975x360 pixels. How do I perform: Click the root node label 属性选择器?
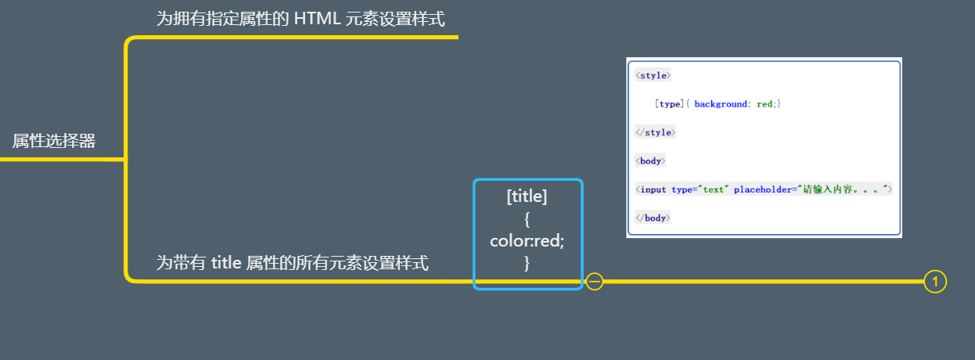click(54, 141)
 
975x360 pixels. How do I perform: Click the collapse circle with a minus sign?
click(595, 281)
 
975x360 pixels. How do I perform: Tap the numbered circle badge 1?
click(935, 281)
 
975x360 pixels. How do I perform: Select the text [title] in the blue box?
click(527, 196)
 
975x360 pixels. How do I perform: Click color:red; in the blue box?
click(527, 241)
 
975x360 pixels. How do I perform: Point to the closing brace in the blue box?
click(527, 264)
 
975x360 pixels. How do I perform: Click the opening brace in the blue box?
click(527, 219)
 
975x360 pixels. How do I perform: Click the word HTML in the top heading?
click(317, 18)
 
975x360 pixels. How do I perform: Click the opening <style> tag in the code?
click(653, 76)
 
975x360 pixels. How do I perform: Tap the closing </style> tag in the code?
click(655, 132)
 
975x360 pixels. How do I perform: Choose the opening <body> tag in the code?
click(651, 161)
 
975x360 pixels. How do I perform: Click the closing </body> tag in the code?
click(653, 218)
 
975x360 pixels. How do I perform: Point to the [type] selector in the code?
click(669, 104)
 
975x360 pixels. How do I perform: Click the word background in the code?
click(720, 104)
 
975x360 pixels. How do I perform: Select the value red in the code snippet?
click(766, 104)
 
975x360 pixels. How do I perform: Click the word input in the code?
click(653, 189)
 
